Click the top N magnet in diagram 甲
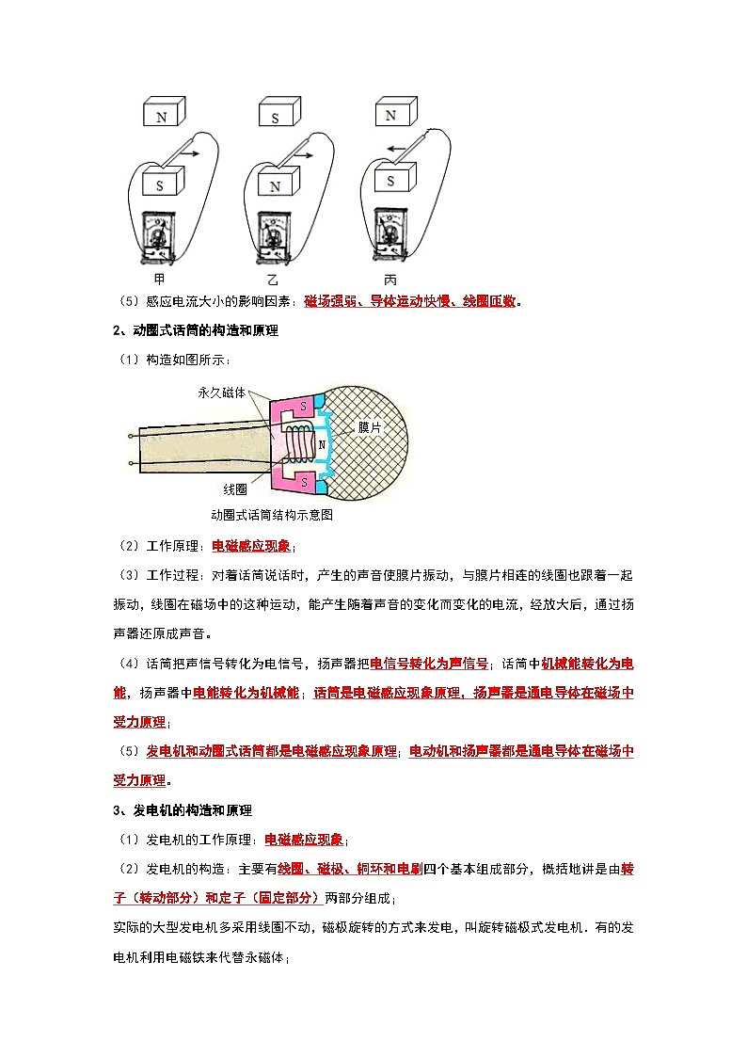(163, 114)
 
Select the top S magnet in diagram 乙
(277, 115)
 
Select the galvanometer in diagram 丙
(390, 233)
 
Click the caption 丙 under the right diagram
(389, 280)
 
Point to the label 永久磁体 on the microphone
(221, 392)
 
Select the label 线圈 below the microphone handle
(235, 489)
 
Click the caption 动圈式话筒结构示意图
(273, 515)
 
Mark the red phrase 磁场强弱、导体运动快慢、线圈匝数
(411, 301)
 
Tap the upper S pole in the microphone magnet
(304, 406)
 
